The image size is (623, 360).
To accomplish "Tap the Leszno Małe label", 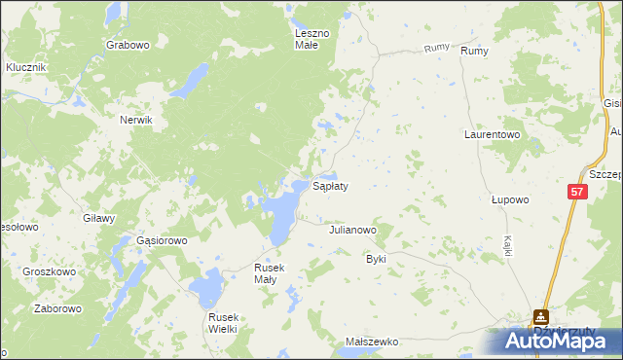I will [x=312, y=38].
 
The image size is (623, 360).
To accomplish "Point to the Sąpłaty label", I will [x=330, y=185].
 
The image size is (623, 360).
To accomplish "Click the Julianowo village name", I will [x=352, y=231].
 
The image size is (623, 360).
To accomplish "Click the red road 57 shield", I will [x=577, y=194].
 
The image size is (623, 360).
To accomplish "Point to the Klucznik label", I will [x=26, y=67].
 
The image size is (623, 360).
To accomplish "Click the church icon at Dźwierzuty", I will [x=539, y=316].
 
